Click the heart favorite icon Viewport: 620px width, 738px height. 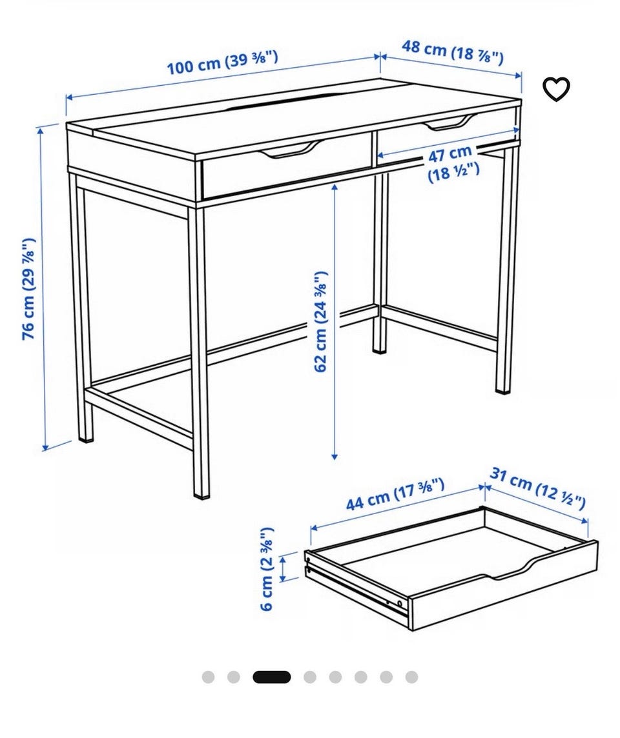(x=557, y=88)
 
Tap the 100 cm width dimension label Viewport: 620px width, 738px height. (x=222, y=63)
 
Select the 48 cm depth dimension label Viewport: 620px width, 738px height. (x=452, y=52)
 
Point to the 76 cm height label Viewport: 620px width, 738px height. (x=28, y=288)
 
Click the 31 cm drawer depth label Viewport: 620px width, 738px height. (x=537, y=488)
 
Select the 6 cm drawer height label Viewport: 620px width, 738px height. (x=267, y=568)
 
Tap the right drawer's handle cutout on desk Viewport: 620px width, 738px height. (x=450, y=123)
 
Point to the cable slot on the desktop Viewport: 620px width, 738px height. (x=281, y=103)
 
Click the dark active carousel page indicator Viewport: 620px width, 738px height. (x=272, y=677)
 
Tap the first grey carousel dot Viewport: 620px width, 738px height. (x=208, y=677)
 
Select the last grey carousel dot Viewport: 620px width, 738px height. (x=412, y=677)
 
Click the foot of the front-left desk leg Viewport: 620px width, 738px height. (x=201, y=494)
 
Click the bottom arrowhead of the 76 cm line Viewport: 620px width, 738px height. (x=45, y=447)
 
